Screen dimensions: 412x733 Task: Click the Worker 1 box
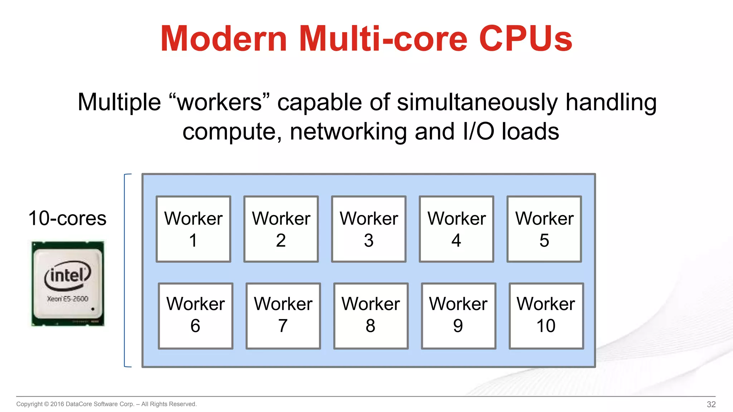[x=193, y=229]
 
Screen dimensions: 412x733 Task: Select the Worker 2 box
[x=281, y=229]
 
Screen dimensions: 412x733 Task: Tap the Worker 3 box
[x=369, y=229]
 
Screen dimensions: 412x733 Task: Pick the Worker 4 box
[x=456, y=229]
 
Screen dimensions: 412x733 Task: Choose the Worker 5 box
[x=544, y=229]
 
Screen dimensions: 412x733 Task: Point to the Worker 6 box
[x=195, y=316]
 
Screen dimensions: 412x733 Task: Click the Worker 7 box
[x=283, y=316]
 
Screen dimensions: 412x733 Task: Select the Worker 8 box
[x=371, y=316]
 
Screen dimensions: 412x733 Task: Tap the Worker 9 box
[x=458, y=316]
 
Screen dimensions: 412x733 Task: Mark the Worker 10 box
[x=546, y=316]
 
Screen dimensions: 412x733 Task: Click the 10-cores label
[x=67, y=218]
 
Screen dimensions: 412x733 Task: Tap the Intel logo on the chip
[x=67, y=275]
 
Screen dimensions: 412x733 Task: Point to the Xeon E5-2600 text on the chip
[x=67, y=299]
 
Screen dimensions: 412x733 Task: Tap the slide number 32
[x=711, y=404]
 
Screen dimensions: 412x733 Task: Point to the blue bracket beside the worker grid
[x=125, y=270]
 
